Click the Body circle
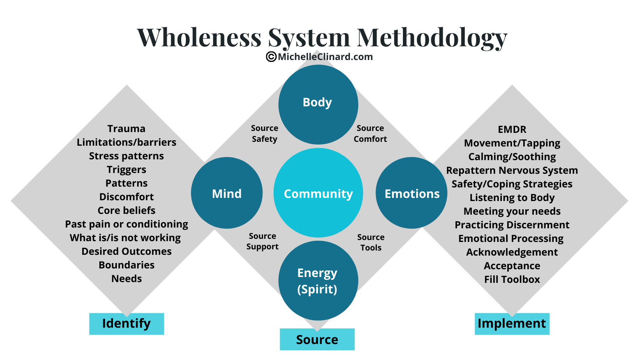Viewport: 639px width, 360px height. (x=318, y=104)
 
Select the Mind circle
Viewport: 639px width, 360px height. (x=227, y=193)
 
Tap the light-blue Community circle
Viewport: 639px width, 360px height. (x=318, y=193)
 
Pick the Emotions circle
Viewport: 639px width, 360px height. (x=411, y=193)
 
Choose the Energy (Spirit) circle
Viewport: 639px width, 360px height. (x=318, y=281)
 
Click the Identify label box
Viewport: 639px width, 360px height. (x=126, y=324)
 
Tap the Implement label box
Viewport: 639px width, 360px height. (x=512, y=324)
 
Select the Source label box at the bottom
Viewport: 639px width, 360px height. (x=317, y=339)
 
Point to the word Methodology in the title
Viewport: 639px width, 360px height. (x=432, y=38)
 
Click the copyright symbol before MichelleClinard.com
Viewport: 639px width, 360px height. (x=271, y=57)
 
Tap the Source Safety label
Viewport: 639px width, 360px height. (x=265, y=134)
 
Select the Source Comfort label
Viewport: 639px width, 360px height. (x=370, y=134)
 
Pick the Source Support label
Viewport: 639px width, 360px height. (x=263, y=241)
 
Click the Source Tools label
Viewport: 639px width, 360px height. (x=371, y=242)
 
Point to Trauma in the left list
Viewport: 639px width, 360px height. (x=126, y=129)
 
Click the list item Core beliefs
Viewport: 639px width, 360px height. (x=126, y=210)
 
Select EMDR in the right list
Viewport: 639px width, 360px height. (x=512, y=129)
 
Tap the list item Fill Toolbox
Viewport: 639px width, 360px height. (x=512, y=279)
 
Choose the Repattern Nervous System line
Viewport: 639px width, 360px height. (x=512, y=170)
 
